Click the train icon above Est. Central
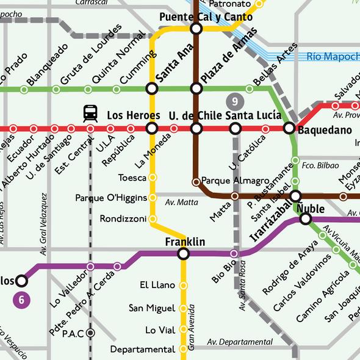point(90,113)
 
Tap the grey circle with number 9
point(235,101)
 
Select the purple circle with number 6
point(21,299)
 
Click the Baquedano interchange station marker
point(289,129)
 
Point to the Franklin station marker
point(184,254)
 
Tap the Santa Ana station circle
point(152,89)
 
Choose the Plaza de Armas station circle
point(196,89)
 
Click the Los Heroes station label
point(133,115)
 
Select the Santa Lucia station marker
point(235,129)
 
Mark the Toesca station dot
point(153,178)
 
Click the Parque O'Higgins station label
point(111,198)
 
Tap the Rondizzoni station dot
point(153,218)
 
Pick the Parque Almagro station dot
point(196,181)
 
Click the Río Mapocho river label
point(333,57)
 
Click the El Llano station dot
point(184,285)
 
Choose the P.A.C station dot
point(90,333)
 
